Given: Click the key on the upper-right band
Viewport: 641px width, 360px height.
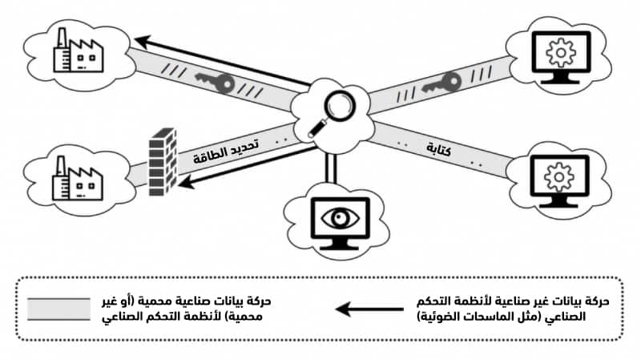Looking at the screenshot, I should coord(446,83).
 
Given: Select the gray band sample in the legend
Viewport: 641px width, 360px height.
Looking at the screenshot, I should coord(59,309).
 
